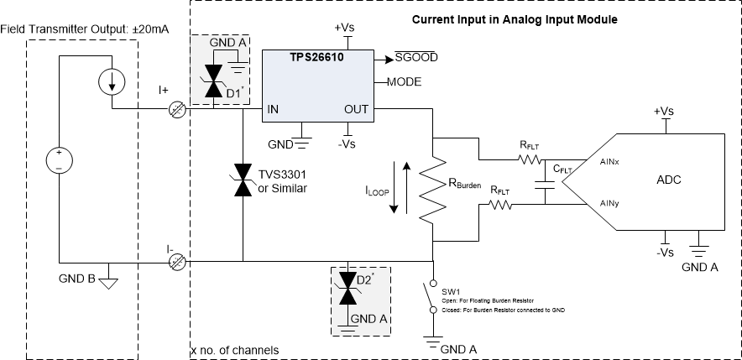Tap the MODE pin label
(x=404, y=82)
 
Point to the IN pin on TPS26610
(x=273, y=109)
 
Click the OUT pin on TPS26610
(x=358, y=109)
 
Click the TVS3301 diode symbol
(x=243, y=180)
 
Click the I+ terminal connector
(x=176, y=109)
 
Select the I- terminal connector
(x=176, y=262)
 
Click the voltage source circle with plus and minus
(x=59, y=160)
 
